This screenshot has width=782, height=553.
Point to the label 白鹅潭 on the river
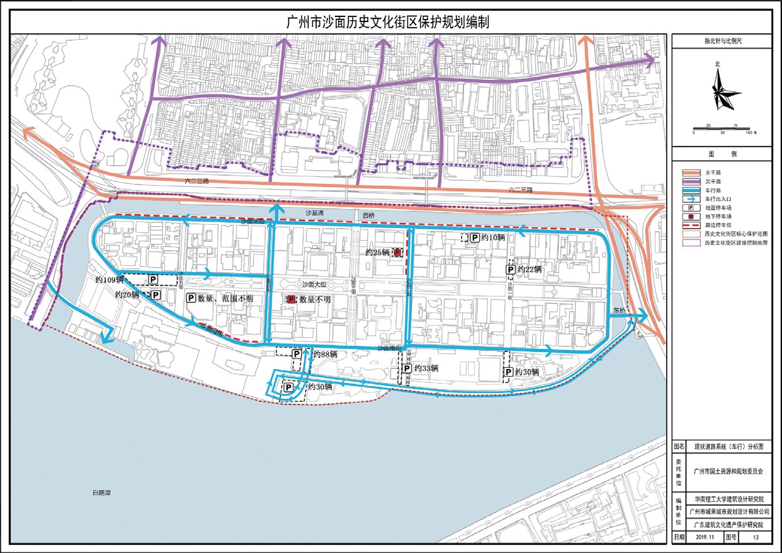101,493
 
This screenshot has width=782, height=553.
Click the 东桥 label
620,310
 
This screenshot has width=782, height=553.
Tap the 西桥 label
368,215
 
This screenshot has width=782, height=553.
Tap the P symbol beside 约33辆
406,368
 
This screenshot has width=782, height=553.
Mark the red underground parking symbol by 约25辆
398,253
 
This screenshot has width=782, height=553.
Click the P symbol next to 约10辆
474,237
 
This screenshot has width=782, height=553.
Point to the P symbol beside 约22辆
511,270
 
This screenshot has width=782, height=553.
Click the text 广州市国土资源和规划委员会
727,470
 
